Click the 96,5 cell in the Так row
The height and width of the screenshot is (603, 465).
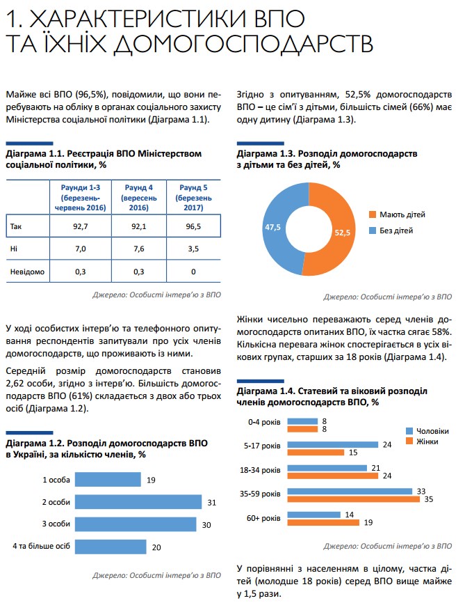pos(193,226)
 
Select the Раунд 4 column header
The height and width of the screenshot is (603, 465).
pos(138,198)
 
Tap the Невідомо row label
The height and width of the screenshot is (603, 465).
pos(27,272)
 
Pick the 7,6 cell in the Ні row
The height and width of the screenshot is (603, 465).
pos(138,249)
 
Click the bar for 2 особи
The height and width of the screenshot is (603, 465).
pos(138,502)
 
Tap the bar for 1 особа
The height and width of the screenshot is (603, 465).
pos(108,480)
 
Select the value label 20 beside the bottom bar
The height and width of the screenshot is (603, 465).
pos(156,547)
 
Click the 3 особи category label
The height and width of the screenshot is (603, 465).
pos(55,524)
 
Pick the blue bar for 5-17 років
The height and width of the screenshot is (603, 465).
pos(333,444)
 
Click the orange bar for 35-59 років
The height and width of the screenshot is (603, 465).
pos(354,499)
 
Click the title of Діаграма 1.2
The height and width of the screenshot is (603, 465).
pos(107,448)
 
